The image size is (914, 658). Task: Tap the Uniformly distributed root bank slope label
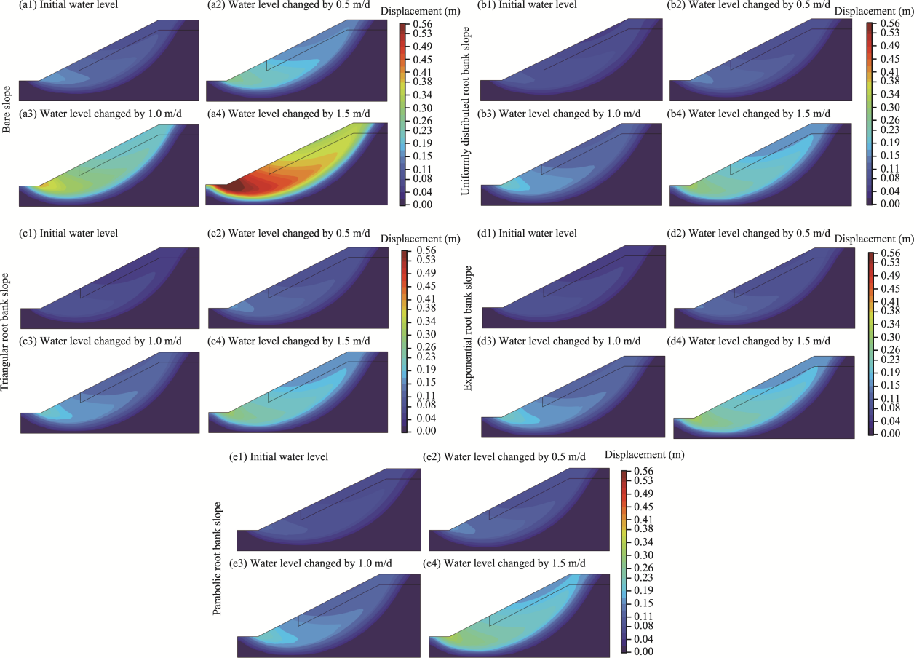point(468,110)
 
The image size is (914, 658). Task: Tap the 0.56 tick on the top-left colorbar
point(424,23)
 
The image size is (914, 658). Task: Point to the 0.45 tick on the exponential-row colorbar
point(891,288)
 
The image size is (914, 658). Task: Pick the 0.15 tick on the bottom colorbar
point(643,603)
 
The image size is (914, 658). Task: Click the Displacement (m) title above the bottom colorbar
point(645,454)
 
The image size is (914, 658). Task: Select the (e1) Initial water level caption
point(289,457)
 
